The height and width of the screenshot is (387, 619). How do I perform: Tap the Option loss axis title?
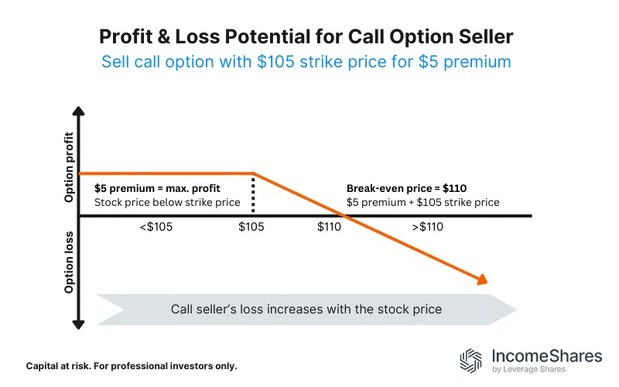click(x=70, y=262)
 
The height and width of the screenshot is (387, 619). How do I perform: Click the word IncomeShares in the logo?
click(x=546, y=355)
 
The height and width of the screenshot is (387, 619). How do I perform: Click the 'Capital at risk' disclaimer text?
click(x=132, y=365)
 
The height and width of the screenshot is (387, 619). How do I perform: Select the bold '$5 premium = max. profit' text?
click(x=157, y=187)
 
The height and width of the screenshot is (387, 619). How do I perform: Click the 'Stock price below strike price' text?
click(x=167, y=203)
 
